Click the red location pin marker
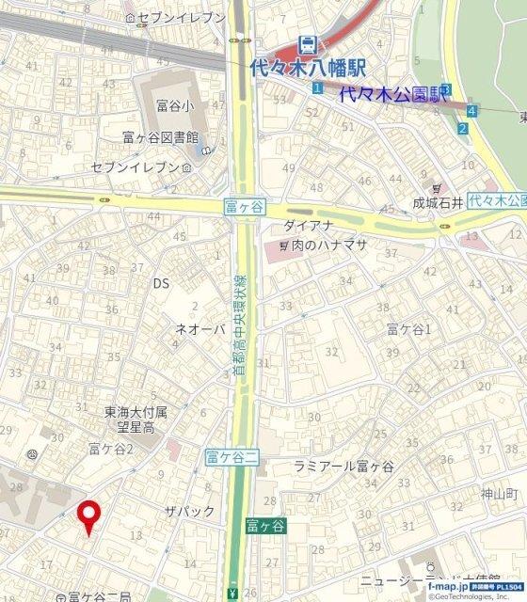coord(88,515)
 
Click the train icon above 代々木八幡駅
coord(306,43)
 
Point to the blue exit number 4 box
coord(471,110)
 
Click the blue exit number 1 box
coord(318,88)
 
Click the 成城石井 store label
coord(439,202)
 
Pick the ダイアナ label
coord(308,227)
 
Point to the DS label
coord(161,283)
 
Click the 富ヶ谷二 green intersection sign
coord(231,458)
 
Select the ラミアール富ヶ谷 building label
coord(343,467)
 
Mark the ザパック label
coord(189,511)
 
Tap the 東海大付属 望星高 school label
coord(136,420)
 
